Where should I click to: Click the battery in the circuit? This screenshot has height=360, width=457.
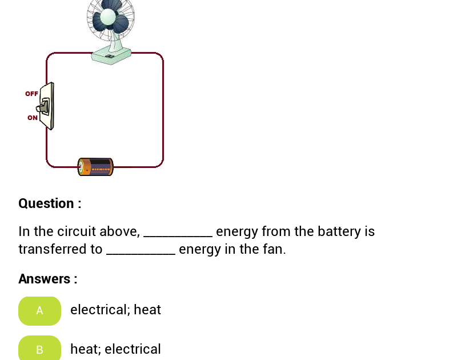(96, 167)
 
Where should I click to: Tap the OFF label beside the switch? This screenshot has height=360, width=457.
(31, 94)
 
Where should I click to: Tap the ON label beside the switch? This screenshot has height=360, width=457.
(33, 118)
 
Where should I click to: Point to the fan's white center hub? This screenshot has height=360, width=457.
(108, 17)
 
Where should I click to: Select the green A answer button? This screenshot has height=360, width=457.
(39, 311)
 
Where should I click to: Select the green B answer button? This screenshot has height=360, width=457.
(39, 349)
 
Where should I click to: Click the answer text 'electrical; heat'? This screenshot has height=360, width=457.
(115, 310)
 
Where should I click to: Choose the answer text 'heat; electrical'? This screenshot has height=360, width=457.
(115, 349)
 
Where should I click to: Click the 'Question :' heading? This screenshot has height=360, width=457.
(50, 203)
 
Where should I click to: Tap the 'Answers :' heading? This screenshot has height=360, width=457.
(48, 279)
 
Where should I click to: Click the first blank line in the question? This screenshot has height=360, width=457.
(178, 235)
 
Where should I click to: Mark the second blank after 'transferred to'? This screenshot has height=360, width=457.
(141, 253)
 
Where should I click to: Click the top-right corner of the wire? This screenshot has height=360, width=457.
(161, 55)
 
